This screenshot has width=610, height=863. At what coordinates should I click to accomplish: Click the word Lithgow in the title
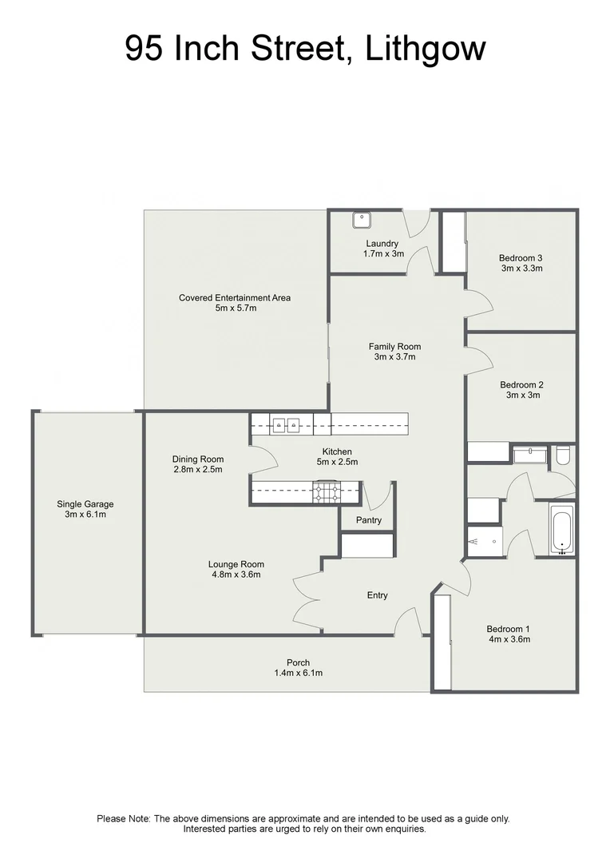tap(425, 50)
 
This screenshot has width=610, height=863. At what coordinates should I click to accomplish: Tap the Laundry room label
tap(382, 243)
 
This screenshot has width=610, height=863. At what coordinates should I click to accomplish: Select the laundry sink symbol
tap(362, 219)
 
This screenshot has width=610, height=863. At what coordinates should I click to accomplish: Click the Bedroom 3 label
tap(521, 257)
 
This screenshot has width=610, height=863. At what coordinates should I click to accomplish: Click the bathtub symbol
tap(562, 528)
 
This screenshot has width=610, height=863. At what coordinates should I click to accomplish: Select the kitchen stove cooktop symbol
tap(326, 492)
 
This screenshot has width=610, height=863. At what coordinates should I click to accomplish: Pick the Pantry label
tap(368, 520)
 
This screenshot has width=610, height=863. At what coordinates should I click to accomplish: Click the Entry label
tap(377, 595)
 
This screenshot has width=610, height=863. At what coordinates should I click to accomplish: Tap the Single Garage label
tap(85, 504)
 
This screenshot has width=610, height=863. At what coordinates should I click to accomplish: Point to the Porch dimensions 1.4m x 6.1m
tap(298, 674)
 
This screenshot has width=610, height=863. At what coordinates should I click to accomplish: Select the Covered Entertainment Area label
tap(235, 298)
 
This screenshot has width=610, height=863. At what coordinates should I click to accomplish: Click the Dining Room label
tap(198, 459)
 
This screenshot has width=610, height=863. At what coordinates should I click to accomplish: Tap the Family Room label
tap(394, 347)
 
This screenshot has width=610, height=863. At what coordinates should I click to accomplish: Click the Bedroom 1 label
tap(509, 629)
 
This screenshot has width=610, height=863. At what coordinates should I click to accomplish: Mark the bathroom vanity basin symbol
tap(529, 455)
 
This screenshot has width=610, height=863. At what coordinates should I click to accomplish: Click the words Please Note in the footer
tap(124, 818)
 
